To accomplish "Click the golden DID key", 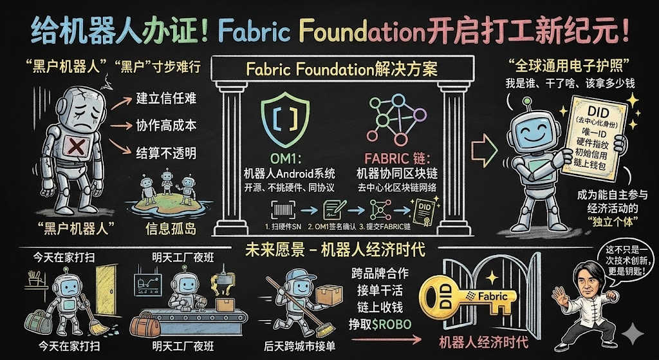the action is (467, 296).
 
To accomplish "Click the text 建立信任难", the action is (167, 100).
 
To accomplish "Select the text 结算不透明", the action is (167, 153).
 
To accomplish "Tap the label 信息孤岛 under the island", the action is (165, 227).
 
